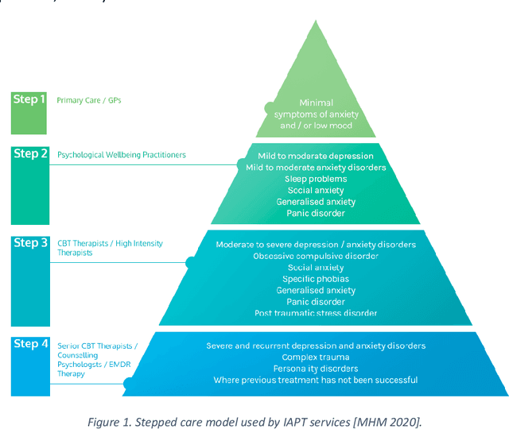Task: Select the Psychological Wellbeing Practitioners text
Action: [x=122, y=155]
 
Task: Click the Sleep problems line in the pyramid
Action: [x=316, y=179]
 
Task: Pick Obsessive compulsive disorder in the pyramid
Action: [x=316, y=256]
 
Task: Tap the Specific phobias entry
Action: [x=316, y=279]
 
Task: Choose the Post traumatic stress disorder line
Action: [x=316, y=313]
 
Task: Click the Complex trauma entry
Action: [x=316, y=357]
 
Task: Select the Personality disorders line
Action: [x=316, y=369]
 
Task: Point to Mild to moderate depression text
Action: [x=316, y=156]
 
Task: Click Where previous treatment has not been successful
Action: [x=316, y=380]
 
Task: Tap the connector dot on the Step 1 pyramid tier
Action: [x=270, y=106]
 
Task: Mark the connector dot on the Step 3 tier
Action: [x=190, y=261]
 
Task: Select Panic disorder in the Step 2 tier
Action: [x=316, y=213]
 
